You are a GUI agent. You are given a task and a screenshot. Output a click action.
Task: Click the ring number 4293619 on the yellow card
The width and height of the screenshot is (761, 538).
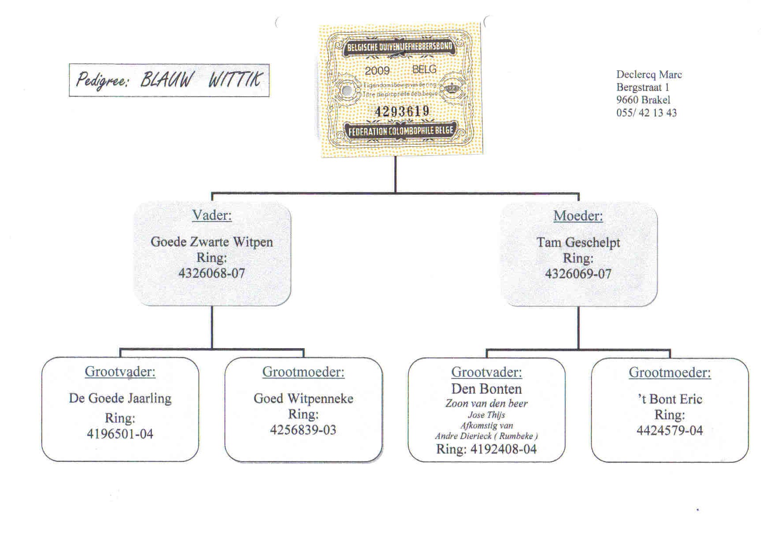(402, 111)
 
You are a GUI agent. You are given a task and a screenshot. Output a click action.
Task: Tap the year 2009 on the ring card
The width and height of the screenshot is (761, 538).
(377, 71)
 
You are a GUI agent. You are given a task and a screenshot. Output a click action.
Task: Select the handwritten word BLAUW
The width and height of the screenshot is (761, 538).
(167, 80)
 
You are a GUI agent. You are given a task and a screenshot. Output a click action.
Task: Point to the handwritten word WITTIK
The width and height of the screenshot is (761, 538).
(235, 80)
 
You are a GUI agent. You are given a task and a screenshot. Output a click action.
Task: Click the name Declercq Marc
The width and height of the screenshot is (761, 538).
(649, 75)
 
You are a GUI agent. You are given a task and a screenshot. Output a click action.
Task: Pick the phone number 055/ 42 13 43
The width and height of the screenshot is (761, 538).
(646, 113)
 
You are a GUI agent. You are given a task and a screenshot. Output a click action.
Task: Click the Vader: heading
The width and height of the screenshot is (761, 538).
(212, 215)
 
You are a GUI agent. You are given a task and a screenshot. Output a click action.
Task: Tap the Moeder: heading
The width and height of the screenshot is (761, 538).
(578, 216)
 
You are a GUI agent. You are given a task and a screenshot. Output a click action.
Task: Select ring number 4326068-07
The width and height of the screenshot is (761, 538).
(212, 273)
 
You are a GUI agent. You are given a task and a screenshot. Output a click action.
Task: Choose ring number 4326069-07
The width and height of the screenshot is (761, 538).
(578, 274)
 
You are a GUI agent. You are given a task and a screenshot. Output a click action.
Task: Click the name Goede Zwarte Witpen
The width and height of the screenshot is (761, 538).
(212, 242)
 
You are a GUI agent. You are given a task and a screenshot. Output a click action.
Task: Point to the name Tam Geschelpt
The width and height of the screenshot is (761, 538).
(578, 242)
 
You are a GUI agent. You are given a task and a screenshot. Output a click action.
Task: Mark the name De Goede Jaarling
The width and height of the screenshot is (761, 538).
(120, 398)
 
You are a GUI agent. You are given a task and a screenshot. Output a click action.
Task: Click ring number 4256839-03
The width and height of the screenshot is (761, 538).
(303, 430)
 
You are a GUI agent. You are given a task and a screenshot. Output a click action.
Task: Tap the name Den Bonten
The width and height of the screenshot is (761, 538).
(486, 389)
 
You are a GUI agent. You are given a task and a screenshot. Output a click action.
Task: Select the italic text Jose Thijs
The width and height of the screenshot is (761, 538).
(486, 415)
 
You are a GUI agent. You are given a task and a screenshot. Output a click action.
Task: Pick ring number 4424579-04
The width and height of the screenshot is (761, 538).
(669, 430)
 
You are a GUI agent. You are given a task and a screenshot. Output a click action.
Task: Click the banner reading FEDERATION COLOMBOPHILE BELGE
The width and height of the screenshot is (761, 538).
(401, 131)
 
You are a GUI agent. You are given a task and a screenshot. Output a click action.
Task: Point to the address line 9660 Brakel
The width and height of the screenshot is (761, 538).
(643, 100)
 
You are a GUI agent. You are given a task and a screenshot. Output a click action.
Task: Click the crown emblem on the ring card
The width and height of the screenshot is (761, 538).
(452, 89)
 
